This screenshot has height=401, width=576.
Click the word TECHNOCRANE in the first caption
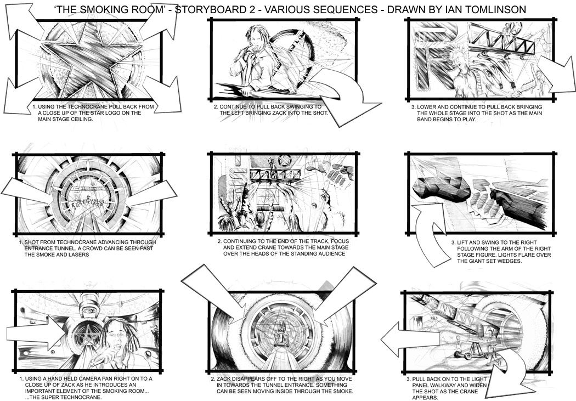pos(86,107)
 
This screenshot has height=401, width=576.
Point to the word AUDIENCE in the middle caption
pos(332,253)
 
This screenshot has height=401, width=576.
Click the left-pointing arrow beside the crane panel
pos(410,340)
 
